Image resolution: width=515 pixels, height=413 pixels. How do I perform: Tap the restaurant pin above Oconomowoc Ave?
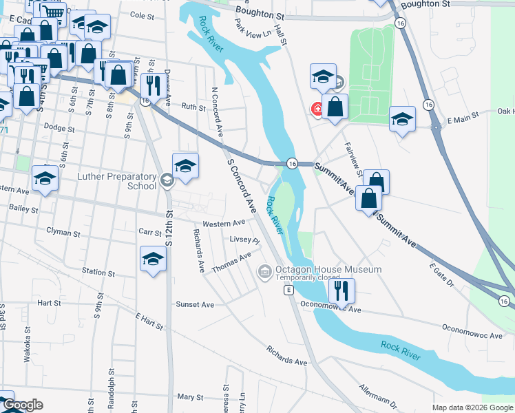coord(341,292)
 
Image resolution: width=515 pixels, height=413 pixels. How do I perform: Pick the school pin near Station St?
coord(153,260)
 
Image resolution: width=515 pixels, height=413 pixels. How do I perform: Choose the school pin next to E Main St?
coord(402,120)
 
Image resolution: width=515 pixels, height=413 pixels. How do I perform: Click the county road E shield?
coord(288,291)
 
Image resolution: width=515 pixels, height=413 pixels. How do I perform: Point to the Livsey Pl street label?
coord(244,240)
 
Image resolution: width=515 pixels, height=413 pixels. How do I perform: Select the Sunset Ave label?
coord(195,304)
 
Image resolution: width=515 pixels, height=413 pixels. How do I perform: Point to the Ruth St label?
coord(193,107)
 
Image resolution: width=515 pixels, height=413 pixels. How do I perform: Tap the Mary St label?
coord(191,397)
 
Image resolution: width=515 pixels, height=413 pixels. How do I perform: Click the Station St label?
coord(98,273)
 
